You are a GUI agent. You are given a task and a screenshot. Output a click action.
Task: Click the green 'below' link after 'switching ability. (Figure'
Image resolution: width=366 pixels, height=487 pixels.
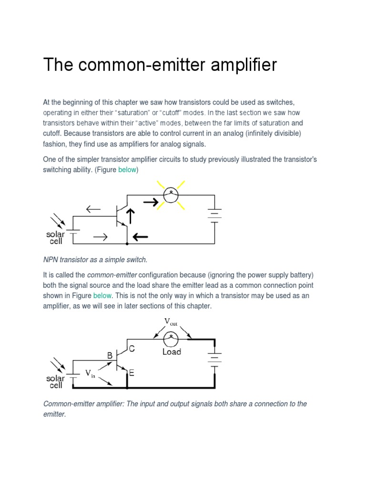pos(127,169)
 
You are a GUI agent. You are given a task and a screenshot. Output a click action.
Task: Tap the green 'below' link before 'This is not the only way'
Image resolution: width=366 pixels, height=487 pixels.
pos(102,296)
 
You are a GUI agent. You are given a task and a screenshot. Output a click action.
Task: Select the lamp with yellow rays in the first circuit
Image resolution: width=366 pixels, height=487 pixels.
pos(171,195)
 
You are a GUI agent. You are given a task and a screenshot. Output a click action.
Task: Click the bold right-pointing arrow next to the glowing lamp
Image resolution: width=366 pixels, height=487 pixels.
pos(152,203)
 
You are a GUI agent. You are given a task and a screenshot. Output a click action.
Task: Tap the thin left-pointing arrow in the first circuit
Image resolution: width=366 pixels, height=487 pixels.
pos(93,209)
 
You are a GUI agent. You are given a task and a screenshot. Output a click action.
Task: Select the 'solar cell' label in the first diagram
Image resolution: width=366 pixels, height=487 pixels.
pos(56,237)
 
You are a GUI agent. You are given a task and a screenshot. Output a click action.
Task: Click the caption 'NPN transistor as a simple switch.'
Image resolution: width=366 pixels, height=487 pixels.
pos(95,260)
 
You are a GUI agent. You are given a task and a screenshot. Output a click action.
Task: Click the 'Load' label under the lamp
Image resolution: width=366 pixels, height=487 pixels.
pos(172,352)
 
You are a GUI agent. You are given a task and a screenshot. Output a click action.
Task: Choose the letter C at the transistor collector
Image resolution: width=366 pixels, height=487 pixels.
pos(132,349)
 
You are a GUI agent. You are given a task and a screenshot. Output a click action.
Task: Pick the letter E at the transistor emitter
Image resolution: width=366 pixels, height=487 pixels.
pos(132,373)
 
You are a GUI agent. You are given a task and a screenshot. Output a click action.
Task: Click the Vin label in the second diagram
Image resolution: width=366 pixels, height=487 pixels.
pos(91,374)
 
